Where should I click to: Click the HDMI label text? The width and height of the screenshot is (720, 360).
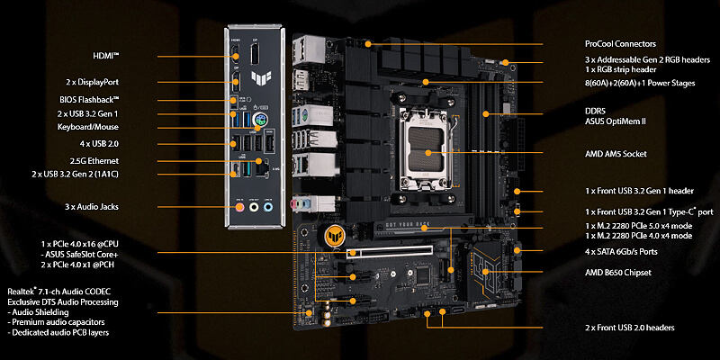pos(106,56)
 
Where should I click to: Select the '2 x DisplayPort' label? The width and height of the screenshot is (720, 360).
pos(92,82)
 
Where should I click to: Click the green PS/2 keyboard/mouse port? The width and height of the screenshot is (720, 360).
pos(260,121)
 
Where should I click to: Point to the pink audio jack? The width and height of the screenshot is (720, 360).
pos(238,208)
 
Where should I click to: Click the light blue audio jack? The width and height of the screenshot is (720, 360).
pos(268,208)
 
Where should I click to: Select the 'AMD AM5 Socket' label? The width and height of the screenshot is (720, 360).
pos(616,154)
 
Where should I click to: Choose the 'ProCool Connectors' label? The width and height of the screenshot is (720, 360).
pos(620,44)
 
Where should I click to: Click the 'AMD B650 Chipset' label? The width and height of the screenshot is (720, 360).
pos(618,273)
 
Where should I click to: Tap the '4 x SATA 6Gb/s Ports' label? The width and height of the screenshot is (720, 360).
pos(621,252)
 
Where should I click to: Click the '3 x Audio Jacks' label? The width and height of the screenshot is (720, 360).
pos(91,207)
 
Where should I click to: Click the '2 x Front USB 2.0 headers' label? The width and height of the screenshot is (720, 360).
pos(629,328)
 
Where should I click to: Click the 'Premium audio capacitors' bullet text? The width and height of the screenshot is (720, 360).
pos(57,322)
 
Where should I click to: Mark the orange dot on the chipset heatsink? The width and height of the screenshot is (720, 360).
pos(485,272)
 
